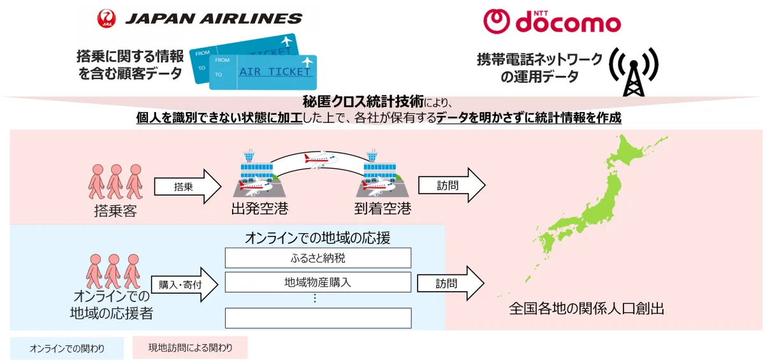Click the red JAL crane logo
click(x=106, y=18)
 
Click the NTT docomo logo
click(x=552, y=22)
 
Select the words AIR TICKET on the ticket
click(x=275, y=71)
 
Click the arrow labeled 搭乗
click(x=187, y=186)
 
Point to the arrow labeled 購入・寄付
click(x=184, y=284)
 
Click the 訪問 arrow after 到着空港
click(x=452, y=185)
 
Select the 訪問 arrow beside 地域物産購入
click(x=451, y=284)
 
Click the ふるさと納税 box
click(x=318, y=258)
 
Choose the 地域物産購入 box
click(x=318, y=282)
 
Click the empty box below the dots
click(x=318, y=318)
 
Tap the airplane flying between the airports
click(x=320, y=159)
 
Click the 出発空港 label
click(x=259, y=208)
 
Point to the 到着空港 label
click(x=382, y=208)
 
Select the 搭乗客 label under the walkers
click(x=115, y=211)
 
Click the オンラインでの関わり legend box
click(x=67, y=348)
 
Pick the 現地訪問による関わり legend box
click(x=190, y=347)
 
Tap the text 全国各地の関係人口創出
click(x=586, y=309)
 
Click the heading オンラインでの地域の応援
click(x=317, y=238)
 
